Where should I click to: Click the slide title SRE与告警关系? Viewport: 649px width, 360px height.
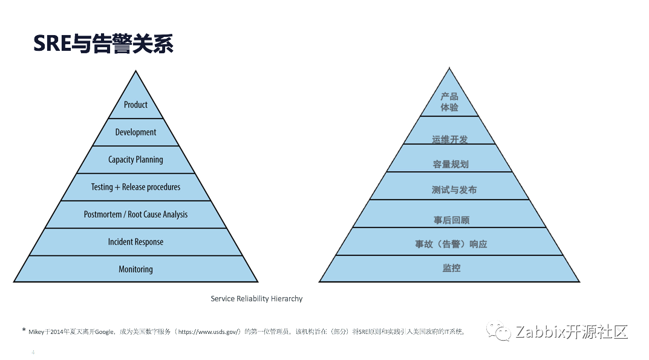103,44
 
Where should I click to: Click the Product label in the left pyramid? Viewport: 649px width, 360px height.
135,105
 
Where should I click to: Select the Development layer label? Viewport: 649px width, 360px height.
135,132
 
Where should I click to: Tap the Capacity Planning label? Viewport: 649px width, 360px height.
135,160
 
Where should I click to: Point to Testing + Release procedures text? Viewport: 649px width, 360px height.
135,187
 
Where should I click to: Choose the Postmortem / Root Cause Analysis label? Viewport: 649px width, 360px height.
135,215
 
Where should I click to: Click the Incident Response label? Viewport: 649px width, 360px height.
135,242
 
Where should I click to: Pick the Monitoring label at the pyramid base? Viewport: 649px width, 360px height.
135,269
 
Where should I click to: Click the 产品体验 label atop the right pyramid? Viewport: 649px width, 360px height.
449,102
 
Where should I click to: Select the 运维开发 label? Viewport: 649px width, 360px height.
450,139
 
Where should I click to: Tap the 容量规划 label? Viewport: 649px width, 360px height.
451,165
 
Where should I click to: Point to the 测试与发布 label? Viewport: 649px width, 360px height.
454,190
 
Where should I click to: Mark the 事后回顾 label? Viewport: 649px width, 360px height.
452,220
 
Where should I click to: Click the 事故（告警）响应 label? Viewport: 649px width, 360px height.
451,244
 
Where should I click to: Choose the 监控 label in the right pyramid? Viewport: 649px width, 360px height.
452,268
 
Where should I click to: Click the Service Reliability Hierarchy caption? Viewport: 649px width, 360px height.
256,299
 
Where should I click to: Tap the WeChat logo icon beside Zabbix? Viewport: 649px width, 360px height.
499,332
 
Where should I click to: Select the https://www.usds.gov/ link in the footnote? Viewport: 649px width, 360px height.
209,332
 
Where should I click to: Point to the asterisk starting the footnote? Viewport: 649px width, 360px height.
24,330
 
